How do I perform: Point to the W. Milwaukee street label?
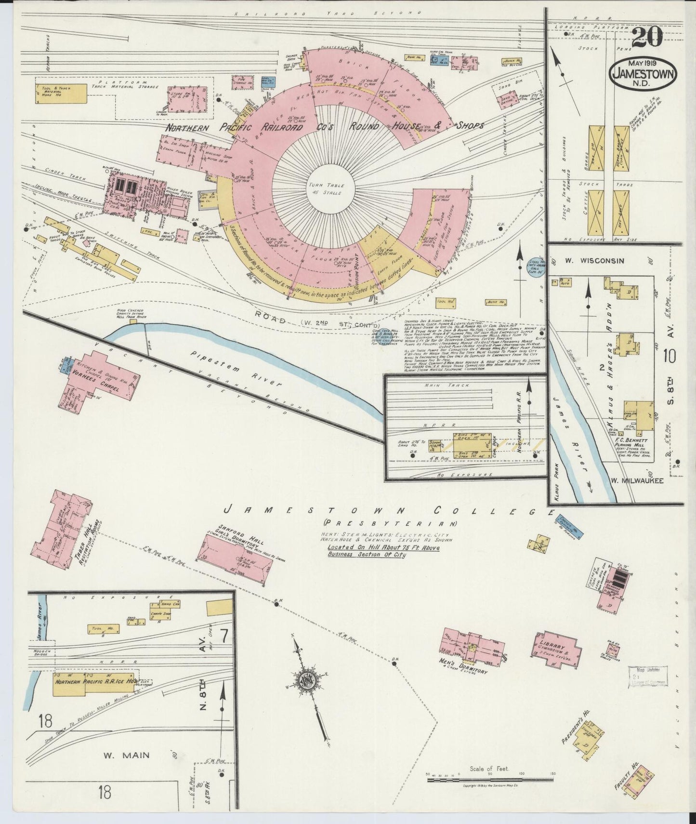point(637,480)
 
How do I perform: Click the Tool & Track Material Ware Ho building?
point(60,93)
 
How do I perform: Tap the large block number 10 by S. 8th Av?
point(669,358)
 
